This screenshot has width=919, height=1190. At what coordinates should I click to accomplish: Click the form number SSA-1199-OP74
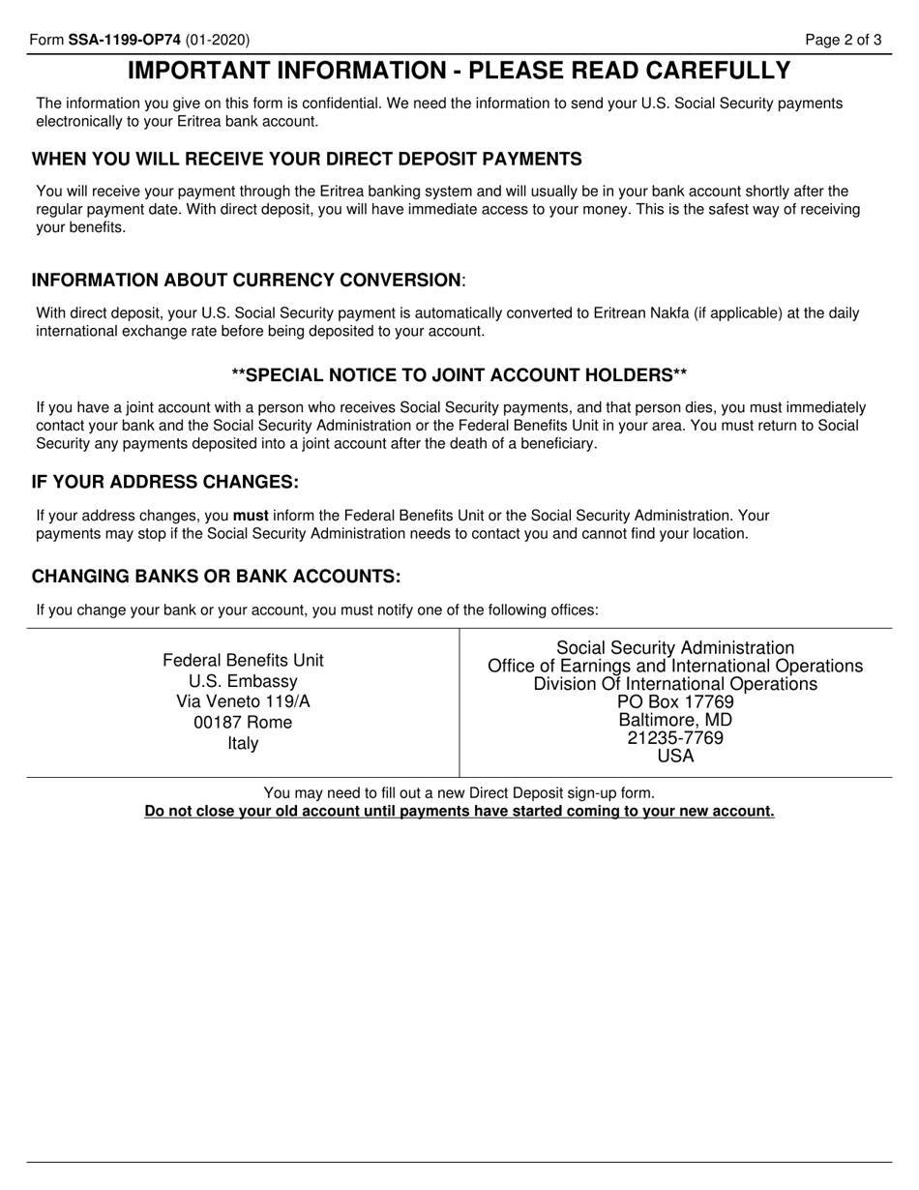[125, 40]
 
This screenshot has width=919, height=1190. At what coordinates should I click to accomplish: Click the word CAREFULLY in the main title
[708, 71]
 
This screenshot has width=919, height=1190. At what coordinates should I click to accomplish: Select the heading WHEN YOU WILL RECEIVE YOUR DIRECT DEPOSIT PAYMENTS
[307, 159]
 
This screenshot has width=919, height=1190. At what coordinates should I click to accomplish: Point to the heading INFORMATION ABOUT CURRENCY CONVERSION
[248, 280]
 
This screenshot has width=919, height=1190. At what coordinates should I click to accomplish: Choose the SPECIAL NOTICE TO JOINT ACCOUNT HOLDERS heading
[459, 374]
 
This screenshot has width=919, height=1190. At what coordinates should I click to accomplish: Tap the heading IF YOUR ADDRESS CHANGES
[165, 482]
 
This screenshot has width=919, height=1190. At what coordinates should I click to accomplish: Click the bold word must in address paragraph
[251, 516]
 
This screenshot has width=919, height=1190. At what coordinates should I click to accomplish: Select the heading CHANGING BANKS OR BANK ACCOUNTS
[216, 577]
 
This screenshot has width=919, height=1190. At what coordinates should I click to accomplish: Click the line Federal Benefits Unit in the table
[243, 660]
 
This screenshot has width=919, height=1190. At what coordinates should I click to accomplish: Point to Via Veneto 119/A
[243, 701]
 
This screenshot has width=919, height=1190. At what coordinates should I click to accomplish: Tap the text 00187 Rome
[243, 723]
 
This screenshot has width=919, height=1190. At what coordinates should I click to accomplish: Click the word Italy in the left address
[243, 743]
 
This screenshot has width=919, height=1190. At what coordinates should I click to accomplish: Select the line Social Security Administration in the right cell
[675, 648]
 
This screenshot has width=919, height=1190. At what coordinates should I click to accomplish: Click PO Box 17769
[675, 702]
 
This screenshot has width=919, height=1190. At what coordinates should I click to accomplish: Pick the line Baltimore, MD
[675, 720]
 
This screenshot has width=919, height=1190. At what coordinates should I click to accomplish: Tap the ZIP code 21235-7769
[675, 738]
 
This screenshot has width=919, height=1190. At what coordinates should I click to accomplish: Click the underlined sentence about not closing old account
[459, 811]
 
